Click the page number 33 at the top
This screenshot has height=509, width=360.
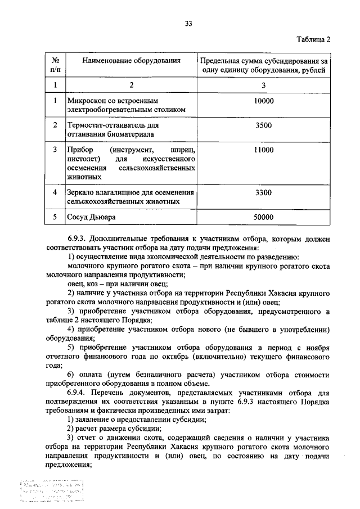click(x=188, y=23)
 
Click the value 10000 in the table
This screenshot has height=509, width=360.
click(x=263, y=101)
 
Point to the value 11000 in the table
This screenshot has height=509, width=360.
click(x=263, y=150)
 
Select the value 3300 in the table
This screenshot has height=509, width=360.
click(x=263, y=193)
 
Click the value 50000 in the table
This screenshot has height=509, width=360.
click(x=263, y=217)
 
